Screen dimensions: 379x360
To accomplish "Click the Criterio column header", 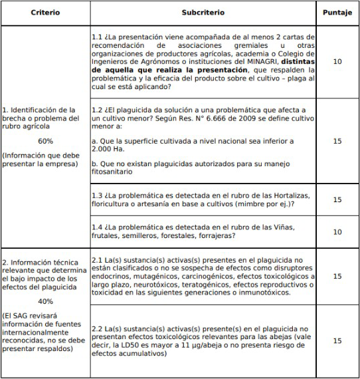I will [45, 13].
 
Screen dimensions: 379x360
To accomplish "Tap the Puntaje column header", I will [337, 13].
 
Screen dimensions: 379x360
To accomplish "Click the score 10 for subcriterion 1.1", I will [337, 61].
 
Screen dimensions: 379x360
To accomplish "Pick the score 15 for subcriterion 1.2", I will [337, 140].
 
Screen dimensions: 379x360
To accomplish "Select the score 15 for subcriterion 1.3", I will [337, 199].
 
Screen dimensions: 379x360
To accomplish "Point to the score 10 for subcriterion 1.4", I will [337, 231].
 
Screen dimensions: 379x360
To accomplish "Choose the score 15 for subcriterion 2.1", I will [337, 275].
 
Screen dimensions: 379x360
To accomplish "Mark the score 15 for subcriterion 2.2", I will [337, 340].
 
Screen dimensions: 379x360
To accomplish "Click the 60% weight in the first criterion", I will [45, 141].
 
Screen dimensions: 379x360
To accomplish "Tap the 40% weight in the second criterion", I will [45, 300].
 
